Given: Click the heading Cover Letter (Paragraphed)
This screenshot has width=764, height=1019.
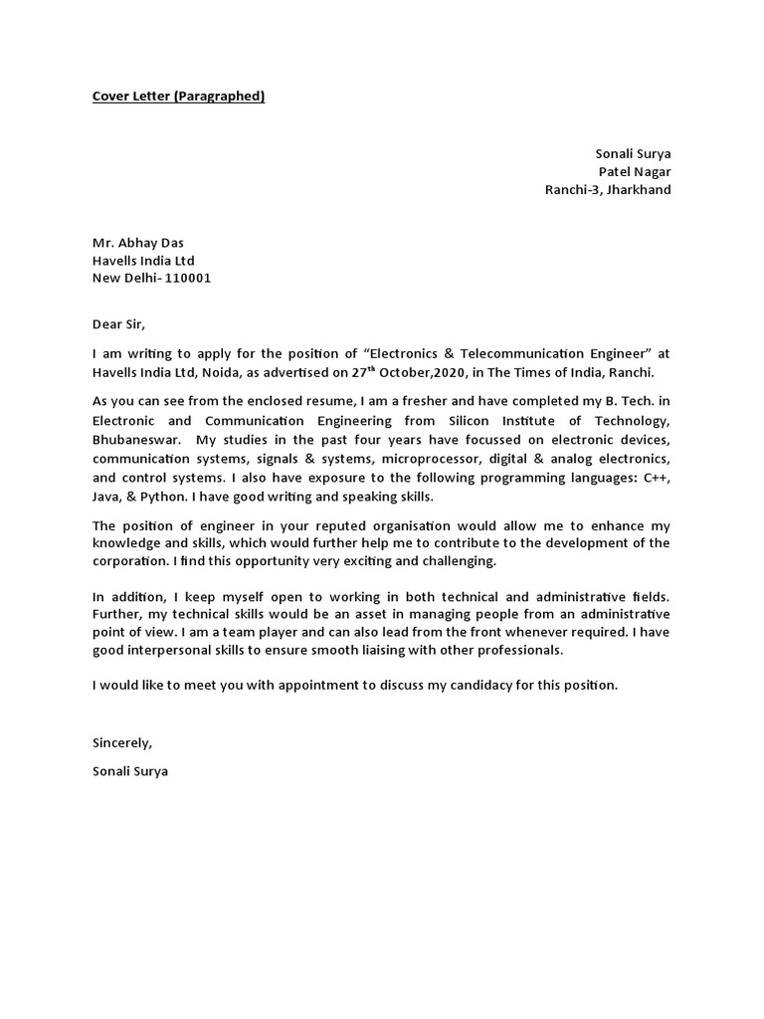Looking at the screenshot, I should tap(178, 97).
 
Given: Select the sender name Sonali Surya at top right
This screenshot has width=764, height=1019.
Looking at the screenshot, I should tap(633, 153).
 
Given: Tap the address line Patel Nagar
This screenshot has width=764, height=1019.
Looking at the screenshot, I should tap(635, 171).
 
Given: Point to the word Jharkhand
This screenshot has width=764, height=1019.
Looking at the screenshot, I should tap(638, 189).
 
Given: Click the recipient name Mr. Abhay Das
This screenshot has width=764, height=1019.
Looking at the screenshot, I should tap(137, 243).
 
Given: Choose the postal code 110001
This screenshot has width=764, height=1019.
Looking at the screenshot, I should tap(186, 279).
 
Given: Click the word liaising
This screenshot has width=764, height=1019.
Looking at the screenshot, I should tap(353, 650).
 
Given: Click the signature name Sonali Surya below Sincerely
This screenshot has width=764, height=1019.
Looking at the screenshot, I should tap(130, 770).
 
